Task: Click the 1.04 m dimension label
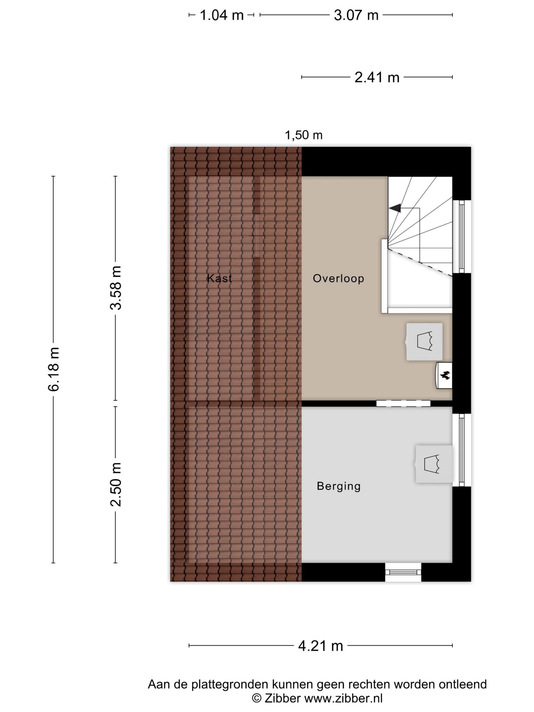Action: pyautogui.click(x=221, y=15)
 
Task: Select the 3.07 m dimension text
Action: pyautogui.click(x=356, y=15)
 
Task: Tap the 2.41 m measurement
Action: pyautogui.click(x=377, y=77)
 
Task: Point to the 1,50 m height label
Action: pyautogui.click(x=304, y=135)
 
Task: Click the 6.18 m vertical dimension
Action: pyautogui.click(x=54, y=369)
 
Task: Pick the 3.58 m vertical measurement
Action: pyautogui.click(x=116, y=288)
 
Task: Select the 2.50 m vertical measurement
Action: pyautogui.click(x=116, y=485)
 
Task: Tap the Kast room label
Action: pyautogui.click(x=219, y=278)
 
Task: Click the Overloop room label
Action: pyautogui.click(x=339, y=278)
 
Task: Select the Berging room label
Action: pyautogui.click(x=339, y=486)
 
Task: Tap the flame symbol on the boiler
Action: pyautogui.click(x=445, y=375)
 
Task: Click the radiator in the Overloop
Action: pyautogui.click(x=424, y=342)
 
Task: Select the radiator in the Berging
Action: pyautogui.click(x=434, y=464)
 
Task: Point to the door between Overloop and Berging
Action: pyautogui.click(x=403, y=404)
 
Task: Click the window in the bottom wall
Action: pyautogui.click(x=403, y=572)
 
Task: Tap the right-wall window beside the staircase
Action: pyautogui.click(x=462, y=237)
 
